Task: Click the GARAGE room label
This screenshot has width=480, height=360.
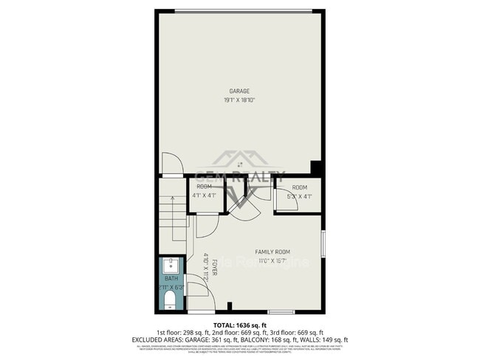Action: pyautogui.click(x=239, y=91)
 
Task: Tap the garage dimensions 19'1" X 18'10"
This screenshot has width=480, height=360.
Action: pyautogui.click(x=239, y=100)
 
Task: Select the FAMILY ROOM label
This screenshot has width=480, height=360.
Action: pyautogui.click(x=272, y=252)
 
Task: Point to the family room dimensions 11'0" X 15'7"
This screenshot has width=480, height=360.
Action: pyautogui.click(x=272, y=260)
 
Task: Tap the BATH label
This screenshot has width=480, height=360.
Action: pyautogui.click(x=171, y=279)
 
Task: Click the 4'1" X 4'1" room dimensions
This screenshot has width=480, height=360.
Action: pyautogui.click(x=204, y=195)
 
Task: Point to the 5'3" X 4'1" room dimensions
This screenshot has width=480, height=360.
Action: pyautogui.click(x=298, y=196)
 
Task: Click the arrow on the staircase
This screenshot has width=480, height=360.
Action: pyautogui.click(x=174, y=221)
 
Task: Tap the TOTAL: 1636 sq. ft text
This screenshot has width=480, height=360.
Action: pyautogui.click(x=239, y=325)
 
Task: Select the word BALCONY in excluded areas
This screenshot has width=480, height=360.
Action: pyautogui.click(x=261, y=339)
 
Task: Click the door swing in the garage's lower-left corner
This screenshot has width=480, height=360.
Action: pyautogui.click(x=171, y=163)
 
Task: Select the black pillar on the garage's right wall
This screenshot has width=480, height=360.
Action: pyautogui.click(x=317, y=168)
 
